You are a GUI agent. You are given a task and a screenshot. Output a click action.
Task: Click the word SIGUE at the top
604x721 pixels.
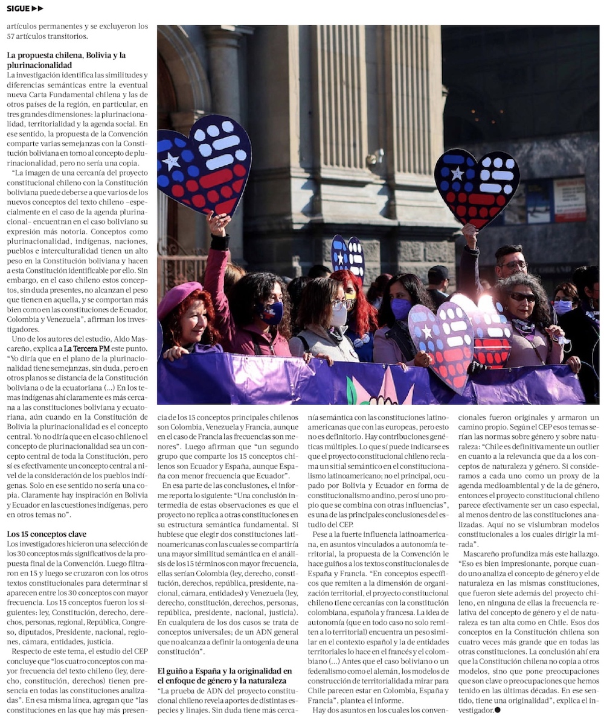click(x=18, y=8)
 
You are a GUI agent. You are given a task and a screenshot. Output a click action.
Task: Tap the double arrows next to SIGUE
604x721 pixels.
click(x=37, y=8)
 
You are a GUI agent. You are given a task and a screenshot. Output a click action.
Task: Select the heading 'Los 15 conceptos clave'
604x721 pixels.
click(x=47, y=534)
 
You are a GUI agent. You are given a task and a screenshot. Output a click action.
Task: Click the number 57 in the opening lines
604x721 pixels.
click(x=13, y=36)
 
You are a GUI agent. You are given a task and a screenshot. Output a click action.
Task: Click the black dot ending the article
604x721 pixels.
click(x=497, y=710)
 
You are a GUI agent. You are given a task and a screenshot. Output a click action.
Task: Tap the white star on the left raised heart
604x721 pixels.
click(x=172, y=161)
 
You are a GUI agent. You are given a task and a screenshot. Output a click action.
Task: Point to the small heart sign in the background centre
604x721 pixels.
click(x=348, y=255)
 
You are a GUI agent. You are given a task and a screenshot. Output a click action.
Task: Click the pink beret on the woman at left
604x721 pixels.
click(x=179, y=297)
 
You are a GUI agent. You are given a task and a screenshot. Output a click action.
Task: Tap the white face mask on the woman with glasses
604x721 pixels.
click(x=339, y=316)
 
